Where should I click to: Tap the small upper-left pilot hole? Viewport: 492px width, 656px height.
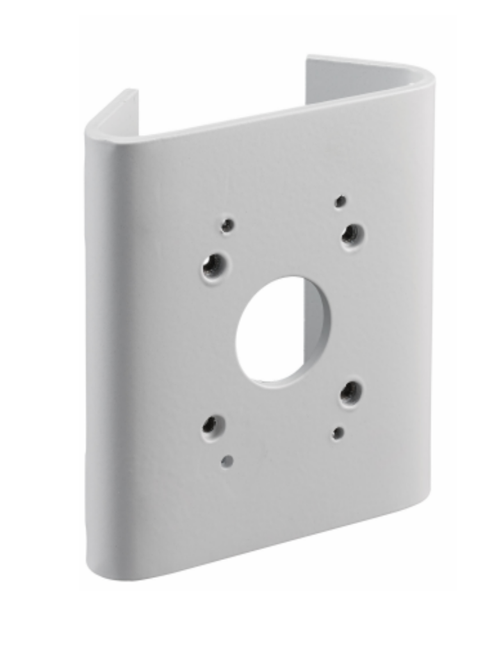(227, 225)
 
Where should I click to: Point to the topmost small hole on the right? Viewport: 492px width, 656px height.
(341, 201)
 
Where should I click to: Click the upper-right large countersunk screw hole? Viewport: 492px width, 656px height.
(352, 235)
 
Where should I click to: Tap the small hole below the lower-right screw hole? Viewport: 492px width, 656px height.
(338, 433)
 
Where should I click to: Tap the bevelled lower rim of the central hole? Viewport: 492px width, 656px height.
(282, 381)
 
